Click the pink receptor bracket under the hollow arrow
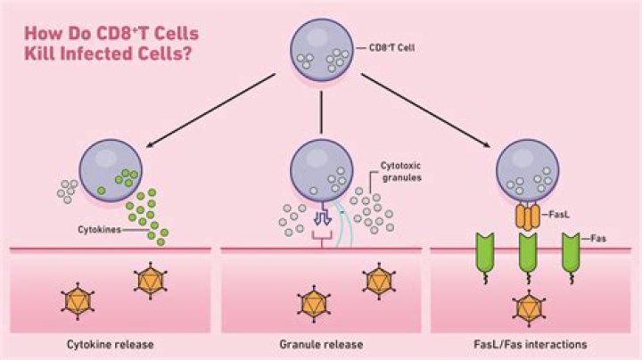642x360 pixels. (x=321, y=237)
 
